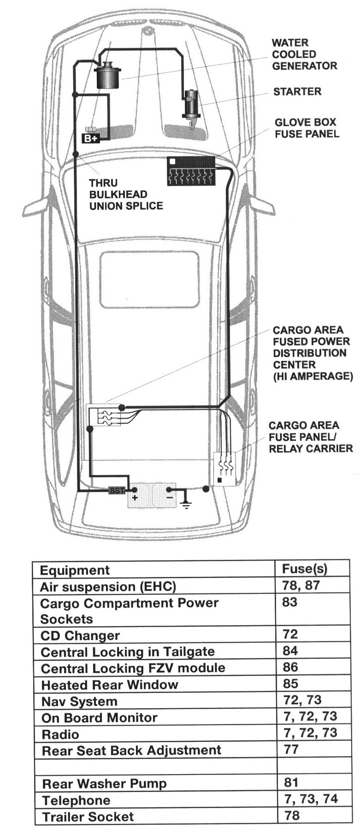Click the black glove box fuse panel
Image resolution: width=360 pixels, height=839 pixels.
tap(190, 171)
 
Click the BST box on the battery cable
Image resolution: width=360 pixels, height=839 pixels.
tap(117, 491)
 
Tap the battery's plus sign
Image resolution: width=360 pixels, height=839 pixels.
tap(135, 499)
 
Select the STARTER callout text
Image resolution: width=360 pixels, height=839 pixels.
tap(297, 92)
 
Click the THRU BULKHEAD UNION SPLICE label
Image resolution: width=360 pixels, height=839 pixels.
tap(125, 194)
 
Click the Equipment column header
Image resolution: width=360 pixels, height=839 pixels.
tap(75, 570)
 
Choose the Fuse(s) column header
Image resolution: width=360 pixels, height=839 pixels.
tap(304, 569)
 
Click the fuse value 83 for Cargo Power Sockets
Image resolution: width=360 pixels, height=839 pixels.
tap(289, 602)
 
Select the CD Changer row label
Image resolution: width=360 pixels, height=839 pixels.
tap(80, 636)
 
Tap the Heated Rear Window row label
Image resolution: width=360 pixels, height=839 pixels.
tap(109, 685)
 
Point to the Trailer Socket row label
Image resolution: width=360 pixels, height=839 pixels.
tap(88, 817)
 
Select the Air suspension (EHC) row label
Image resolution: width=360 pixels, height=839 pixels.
tap(108, 587)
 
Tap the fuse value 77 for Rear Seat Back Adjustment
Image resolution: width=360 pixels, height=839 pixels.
tap(291, 749)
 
